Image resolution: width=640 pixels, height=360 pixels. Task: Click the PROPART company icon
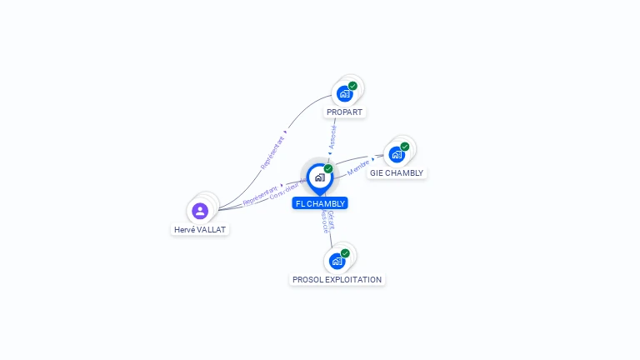pos(344,94)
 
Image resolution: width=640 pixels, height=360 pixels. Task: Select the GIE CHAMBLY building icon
pos(397,155)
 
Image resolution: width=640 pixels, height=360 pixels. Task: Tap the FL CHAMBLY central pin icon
pos(319,177)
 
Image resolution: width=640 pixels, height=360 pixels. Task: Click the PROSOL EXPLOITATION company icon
pos(337,261)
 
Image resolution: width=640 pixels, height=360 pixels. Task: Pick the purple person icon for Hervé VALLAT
pos(200,211)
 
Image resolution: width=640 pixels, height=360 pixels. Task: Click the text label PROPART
pos(345,112)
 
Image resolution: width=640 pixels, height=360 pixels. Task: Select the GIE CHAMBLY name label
pos(397,173)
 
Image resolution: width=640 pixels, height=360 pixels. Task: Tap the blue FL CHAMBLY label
pos(320,203)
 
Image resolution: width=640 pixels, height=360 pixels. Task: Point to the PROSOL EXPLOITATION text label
pos(337,280)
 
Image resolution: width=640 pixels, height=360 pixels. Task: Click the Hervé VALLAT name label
pos(200,229)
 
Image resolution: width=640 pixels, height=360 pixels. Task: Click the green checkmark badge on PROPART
pos(352,86)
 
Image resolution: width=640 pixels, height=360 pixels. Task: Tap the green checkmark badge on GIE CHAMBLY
pos(405,147)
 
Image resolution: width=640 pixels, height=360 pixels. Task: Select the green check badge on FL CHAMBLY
pos(328,169)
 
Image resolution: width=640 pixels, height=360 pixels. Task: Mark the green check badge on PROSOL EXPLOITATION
pos(345,253)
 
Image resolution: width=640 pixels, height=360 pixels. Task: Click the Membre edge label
pos(357,167)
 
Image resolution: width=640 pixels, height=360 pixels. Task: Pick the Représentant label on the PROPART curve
pos(272,153)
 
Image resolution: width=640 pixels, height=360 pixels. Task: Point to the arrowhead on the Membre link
pos(372,157)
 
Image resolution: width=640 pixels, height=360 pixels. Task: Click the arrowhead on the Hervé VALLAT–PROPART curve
pos(286,131)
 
